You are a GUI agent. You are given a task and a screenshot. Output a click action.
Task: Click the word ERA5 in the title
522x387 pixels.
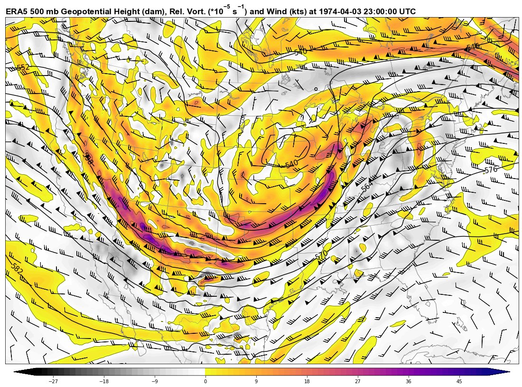17,11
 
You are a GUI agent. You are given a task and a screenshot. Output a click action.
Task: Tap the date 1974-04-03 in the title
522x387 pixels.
336,11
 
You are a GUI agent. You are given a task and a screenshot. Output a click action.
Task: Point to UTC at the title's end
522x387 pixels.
406,11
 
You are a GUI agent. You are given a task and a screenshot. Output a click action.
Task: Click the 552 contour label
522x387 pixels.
23,68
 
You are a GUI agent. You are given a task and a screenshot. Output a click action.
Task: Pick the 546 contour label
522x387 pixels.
473,47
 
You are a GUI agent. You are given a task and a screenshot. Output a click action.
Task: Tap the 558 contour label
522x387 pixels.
88,159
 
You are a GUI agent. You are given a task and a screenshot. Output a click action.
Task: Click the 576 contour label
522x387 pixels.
491,170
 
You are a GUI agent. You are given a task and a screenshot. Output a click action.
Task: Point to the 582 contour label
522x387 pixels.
16,269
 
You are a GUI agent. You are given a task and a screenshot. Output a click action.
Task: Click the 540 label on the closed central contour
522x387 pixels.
291,164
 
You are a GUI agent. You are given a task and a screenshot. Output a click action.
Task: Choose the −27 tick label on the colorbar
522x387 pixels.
53,381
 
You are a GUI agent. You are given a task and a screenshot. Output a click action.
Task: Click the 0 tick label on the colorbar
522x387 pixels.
205,381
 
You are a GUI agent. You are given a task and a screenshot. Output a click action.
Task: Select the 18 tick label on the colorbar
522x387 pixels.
307,381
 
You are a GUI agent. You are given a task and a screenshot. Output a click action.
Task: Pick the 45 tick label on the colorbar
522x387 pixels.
459,381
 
